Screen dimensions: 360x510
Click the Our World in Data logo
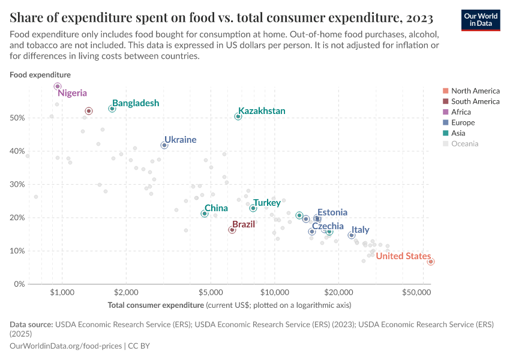(480, 20)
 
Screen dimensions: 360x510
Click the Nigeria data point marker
(58, 86)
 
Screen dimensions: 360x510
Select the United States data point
(431, 262)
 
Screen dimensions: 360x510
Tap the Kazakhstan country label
(262, 111)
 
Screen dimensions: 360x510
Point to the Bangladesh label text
(136, 103)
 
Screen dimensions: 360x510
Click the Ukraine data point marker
(164, 145)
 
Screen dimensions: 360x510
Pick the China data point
(205, 214)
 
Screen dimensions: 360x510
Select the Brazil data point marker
(232, 230)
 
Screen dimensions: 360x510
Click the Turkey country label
(266, 203)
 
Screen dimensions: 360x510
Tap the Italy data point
(352, 235)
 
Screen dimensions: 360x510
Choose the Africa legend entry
(461, 112)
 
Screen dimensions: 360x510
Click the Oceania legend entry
(464, 144)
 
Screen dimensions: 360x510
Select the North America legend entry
(475, 91)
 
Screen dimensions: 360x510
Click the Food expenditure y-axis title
(40, 75)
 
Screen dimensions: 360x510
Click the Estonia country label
(332, 212)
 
